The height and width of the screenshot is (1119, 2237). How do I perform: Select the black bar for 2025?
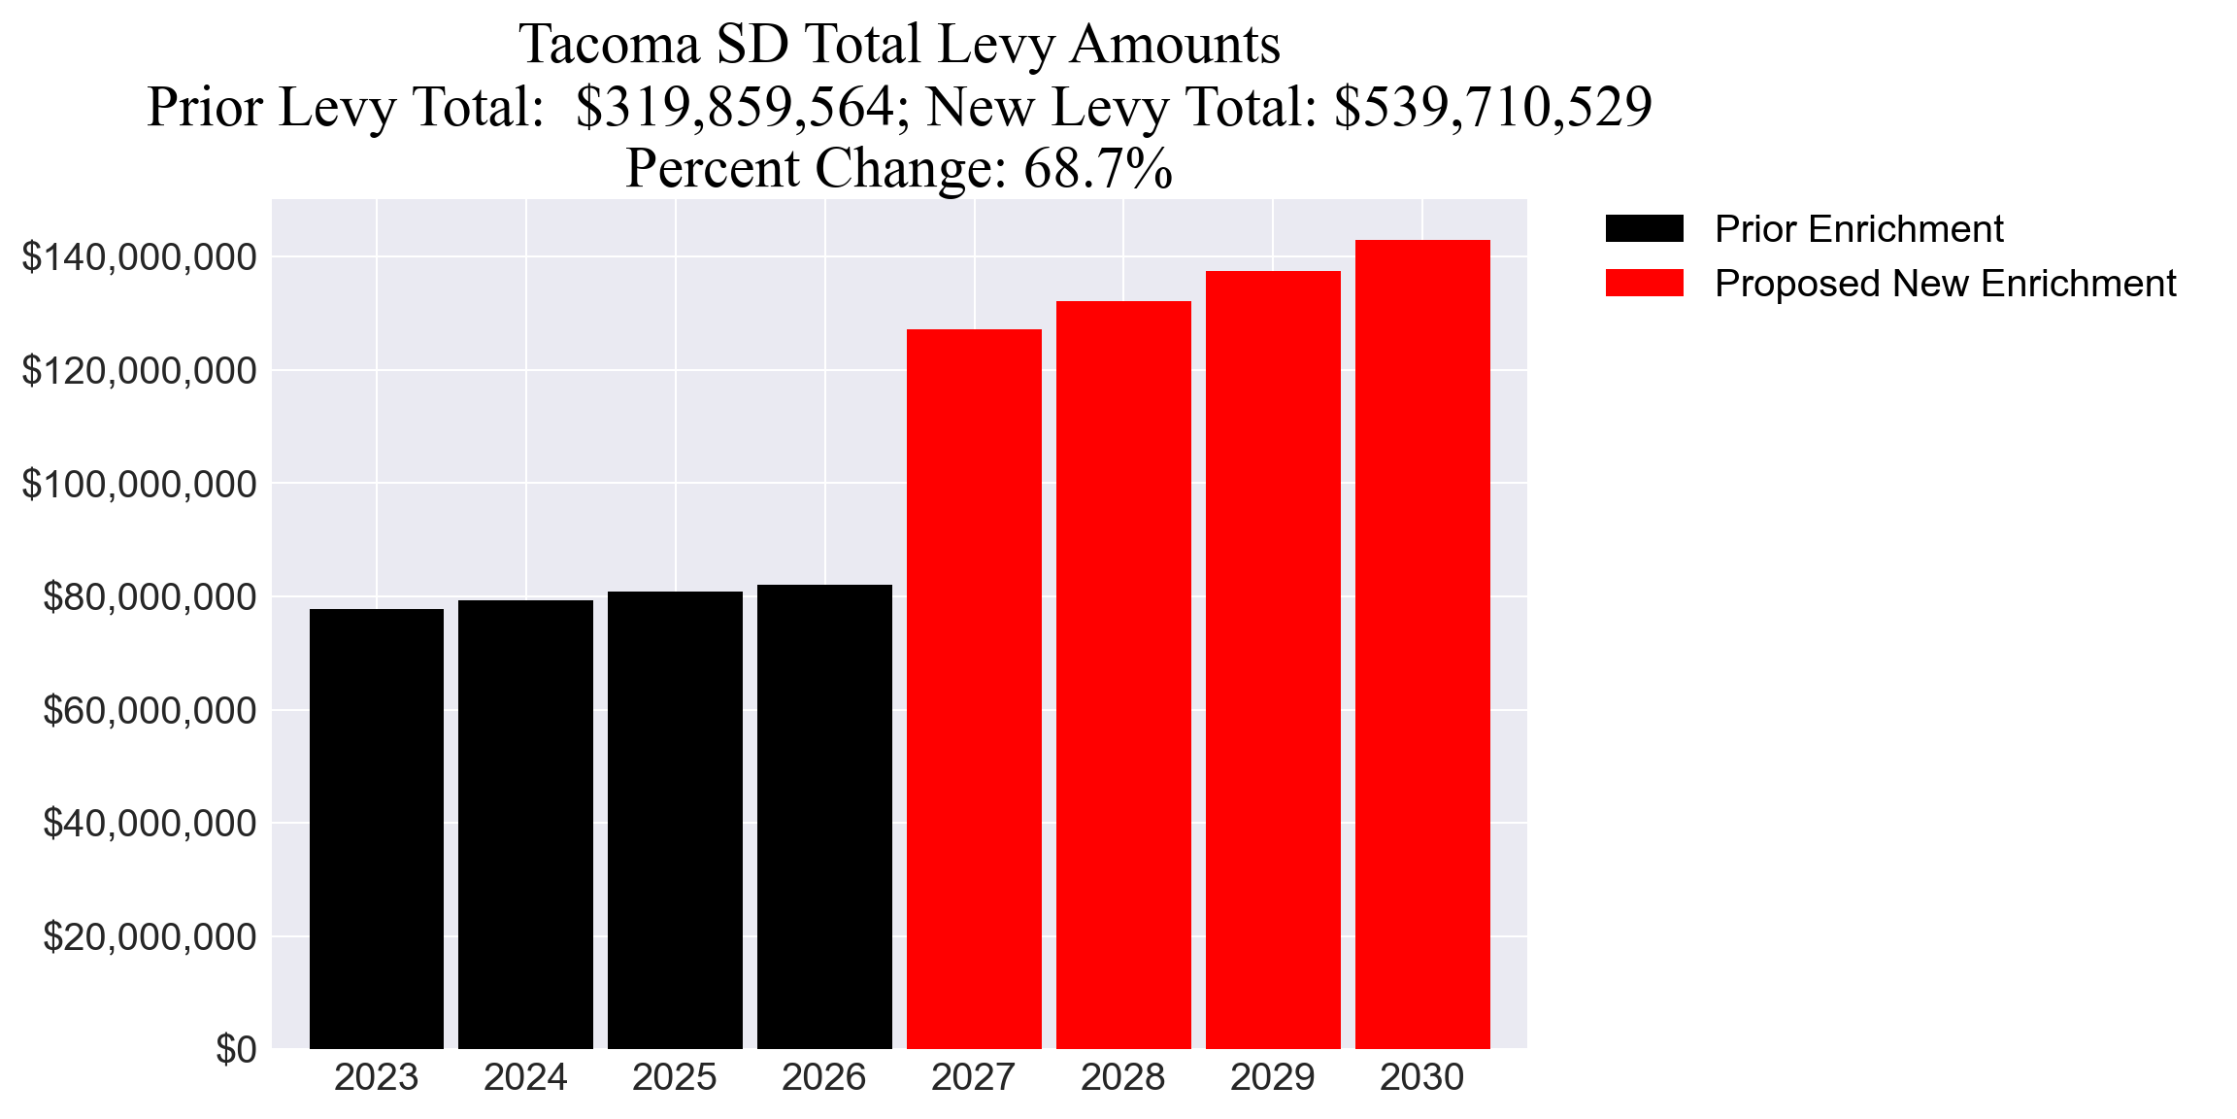tap(675, 821)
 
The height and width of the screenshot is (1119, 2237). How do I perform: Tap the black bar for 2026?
tap(824, 817)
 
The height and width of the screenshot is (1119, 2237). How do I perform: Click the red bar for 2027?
tap(974, 690)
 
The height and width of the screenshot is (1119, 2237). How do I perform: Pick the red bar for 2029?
tap(1273, 661)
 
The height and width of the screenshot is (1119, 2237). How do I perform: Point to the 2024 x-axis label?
tap(525, 1078)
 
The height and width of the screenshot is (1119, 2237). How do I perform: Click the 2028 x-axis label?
tap(1123, 1078)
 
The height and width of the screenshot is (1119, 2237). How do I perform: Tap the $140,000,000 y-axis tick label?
tap(140, 257)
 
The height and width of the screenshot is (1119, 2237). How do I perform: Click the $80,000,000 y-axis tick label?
tap(150, 597)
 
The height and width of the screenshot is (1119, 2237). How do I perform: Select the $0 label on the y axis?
tap(236, 1050)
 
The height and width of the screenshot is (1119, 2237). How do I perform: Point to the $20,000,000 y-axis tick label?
tap(150, 937)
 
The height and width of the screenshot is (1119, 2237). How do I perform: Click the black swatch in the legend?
tap(1644, 229)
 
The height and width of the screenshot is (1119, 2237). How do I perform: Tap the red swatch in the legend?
tap(1644, 284)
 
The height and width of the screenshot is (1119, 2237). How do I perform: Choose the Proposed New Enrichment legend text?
tap(1945, 284)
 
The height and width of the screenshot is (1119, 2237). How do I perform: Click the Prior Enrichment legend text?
tap(1858, 229)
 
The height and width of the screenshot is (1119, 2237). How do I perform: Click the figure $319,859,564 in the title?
tap(734, 107)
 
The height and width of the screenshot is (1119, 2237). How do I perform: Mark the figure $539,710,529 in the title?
tap(1492, 107)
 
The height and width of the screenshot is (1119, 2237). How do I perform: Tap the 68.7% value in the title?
tap(1098, 168)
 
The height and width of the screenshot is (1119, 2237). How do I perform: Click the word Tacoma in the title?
tap(610, 45)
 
